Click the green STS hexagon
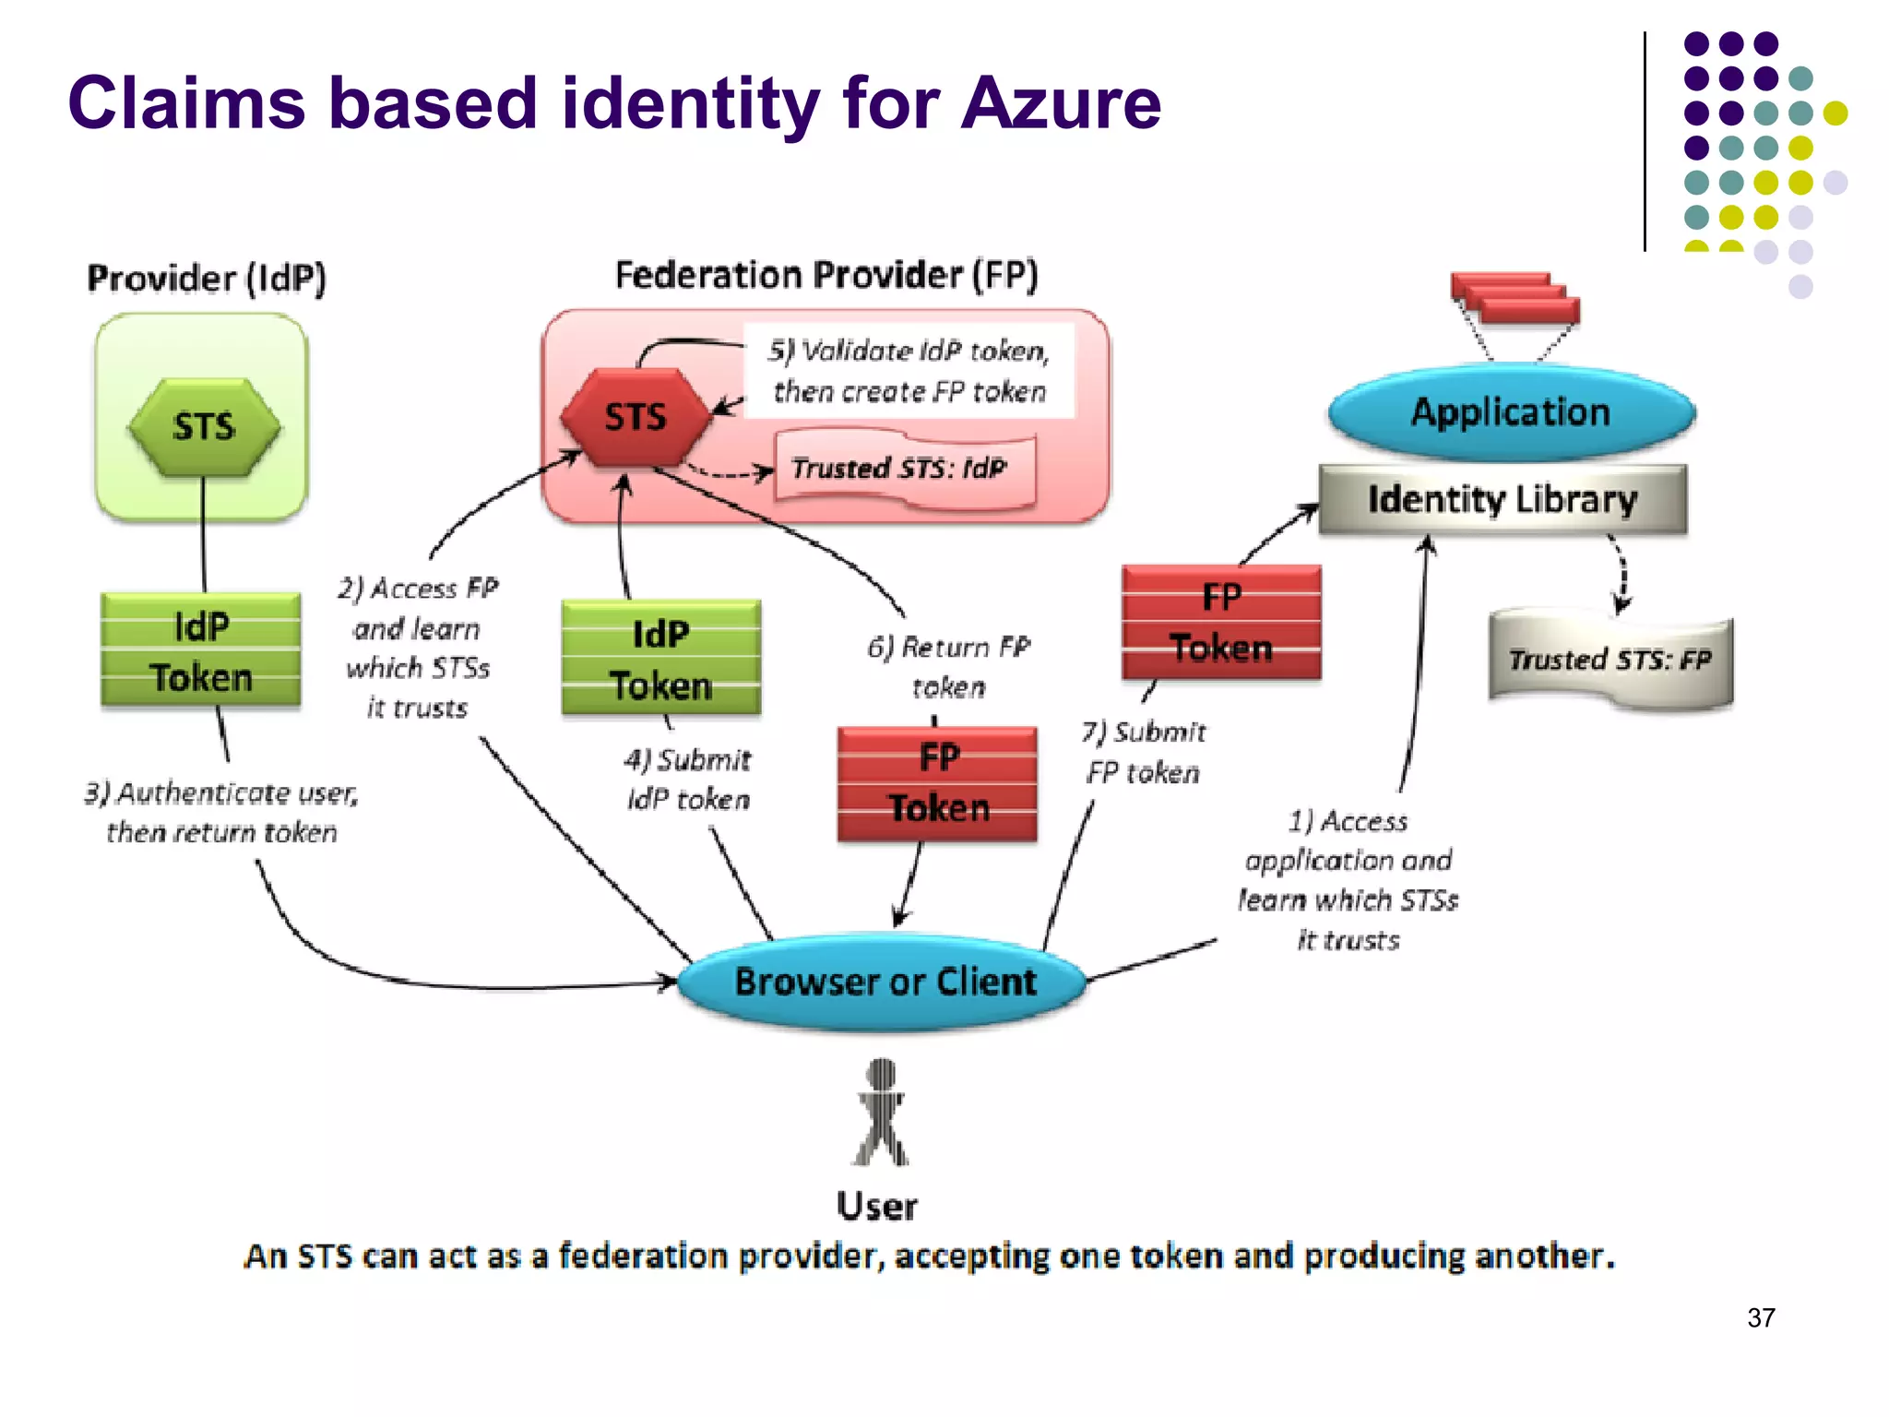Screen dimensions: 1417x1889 204,427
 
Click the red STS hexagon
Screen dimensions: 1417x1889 636,417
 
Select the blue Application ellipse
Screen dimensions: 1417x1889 1511,412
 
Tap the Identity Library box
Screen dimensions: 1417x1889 1502,499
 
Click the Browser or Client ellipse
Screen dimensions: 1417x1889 884,982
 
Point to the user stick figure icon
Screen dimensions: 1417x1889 881,1113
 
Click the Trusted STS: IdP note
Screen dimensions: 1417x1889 903,469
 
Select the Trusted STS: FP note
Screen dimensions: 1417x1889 1610,661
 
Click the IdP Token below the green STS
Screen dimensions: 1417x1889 201,651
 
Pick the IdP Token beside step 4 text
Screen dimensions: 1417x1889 660,659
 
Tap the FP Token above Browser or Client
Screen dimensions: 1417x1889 937,783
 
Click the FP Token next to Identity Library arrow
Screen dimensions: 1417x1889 1221,623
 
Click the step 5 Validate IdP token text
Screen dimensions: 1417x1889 909,371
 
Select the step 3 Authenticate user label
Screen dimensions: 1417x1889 221,812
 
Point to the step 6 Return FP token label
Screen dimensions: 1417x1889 948,666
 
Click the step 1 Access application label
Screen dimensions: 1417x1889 1348,879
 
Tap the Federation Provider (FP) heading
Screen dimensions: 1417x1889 826,275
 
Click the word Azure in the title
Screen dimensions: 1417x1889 1060,103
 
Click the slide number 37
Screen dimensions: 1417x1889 1760,1317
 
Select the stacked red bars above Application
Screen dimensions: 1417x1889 1515,298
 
